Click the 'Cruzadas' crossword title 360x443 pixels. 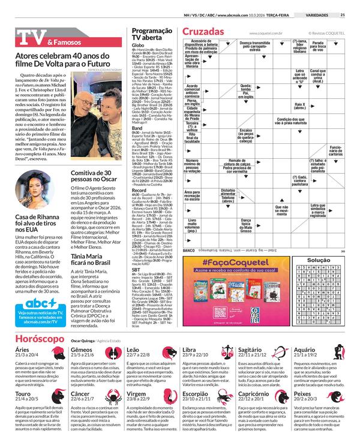coord(203,31)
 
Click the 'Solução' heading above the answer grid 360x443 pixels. coord(319,260)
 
